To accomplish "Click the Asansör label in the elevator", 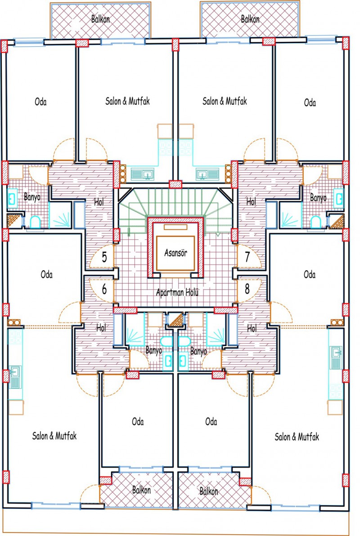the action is point(175,253).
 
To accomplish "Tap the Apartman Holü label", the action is point(177,293).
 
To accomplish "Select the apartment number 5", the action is point(104,257).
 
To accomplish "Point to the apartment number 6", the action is point(104,289).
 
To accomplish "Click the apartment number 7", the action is point(247,257).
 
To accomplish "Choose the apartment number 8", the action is point(247,289).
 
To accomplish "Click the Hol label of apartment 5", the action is point(99,202).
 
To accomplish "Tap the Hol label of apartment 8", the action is point(252,329).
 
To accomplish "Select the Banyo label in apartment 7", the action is point(318,197).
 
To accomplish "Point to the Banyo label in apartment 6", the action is point(153,351).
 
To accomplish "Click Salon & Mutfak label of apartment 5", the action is point(127,101).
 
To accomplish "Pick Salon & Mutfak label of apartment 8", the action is point(297,437).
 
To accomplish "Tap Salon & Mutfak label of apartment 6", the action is point(54,436).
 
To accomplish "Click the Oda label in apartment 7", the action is point(310,103).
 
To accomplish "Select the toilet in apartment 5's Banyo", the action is point(35,223).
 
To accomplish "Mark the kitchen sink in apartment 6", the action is point(15,377).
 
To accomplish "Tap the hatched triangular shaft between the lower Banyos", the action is point(176,321).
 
